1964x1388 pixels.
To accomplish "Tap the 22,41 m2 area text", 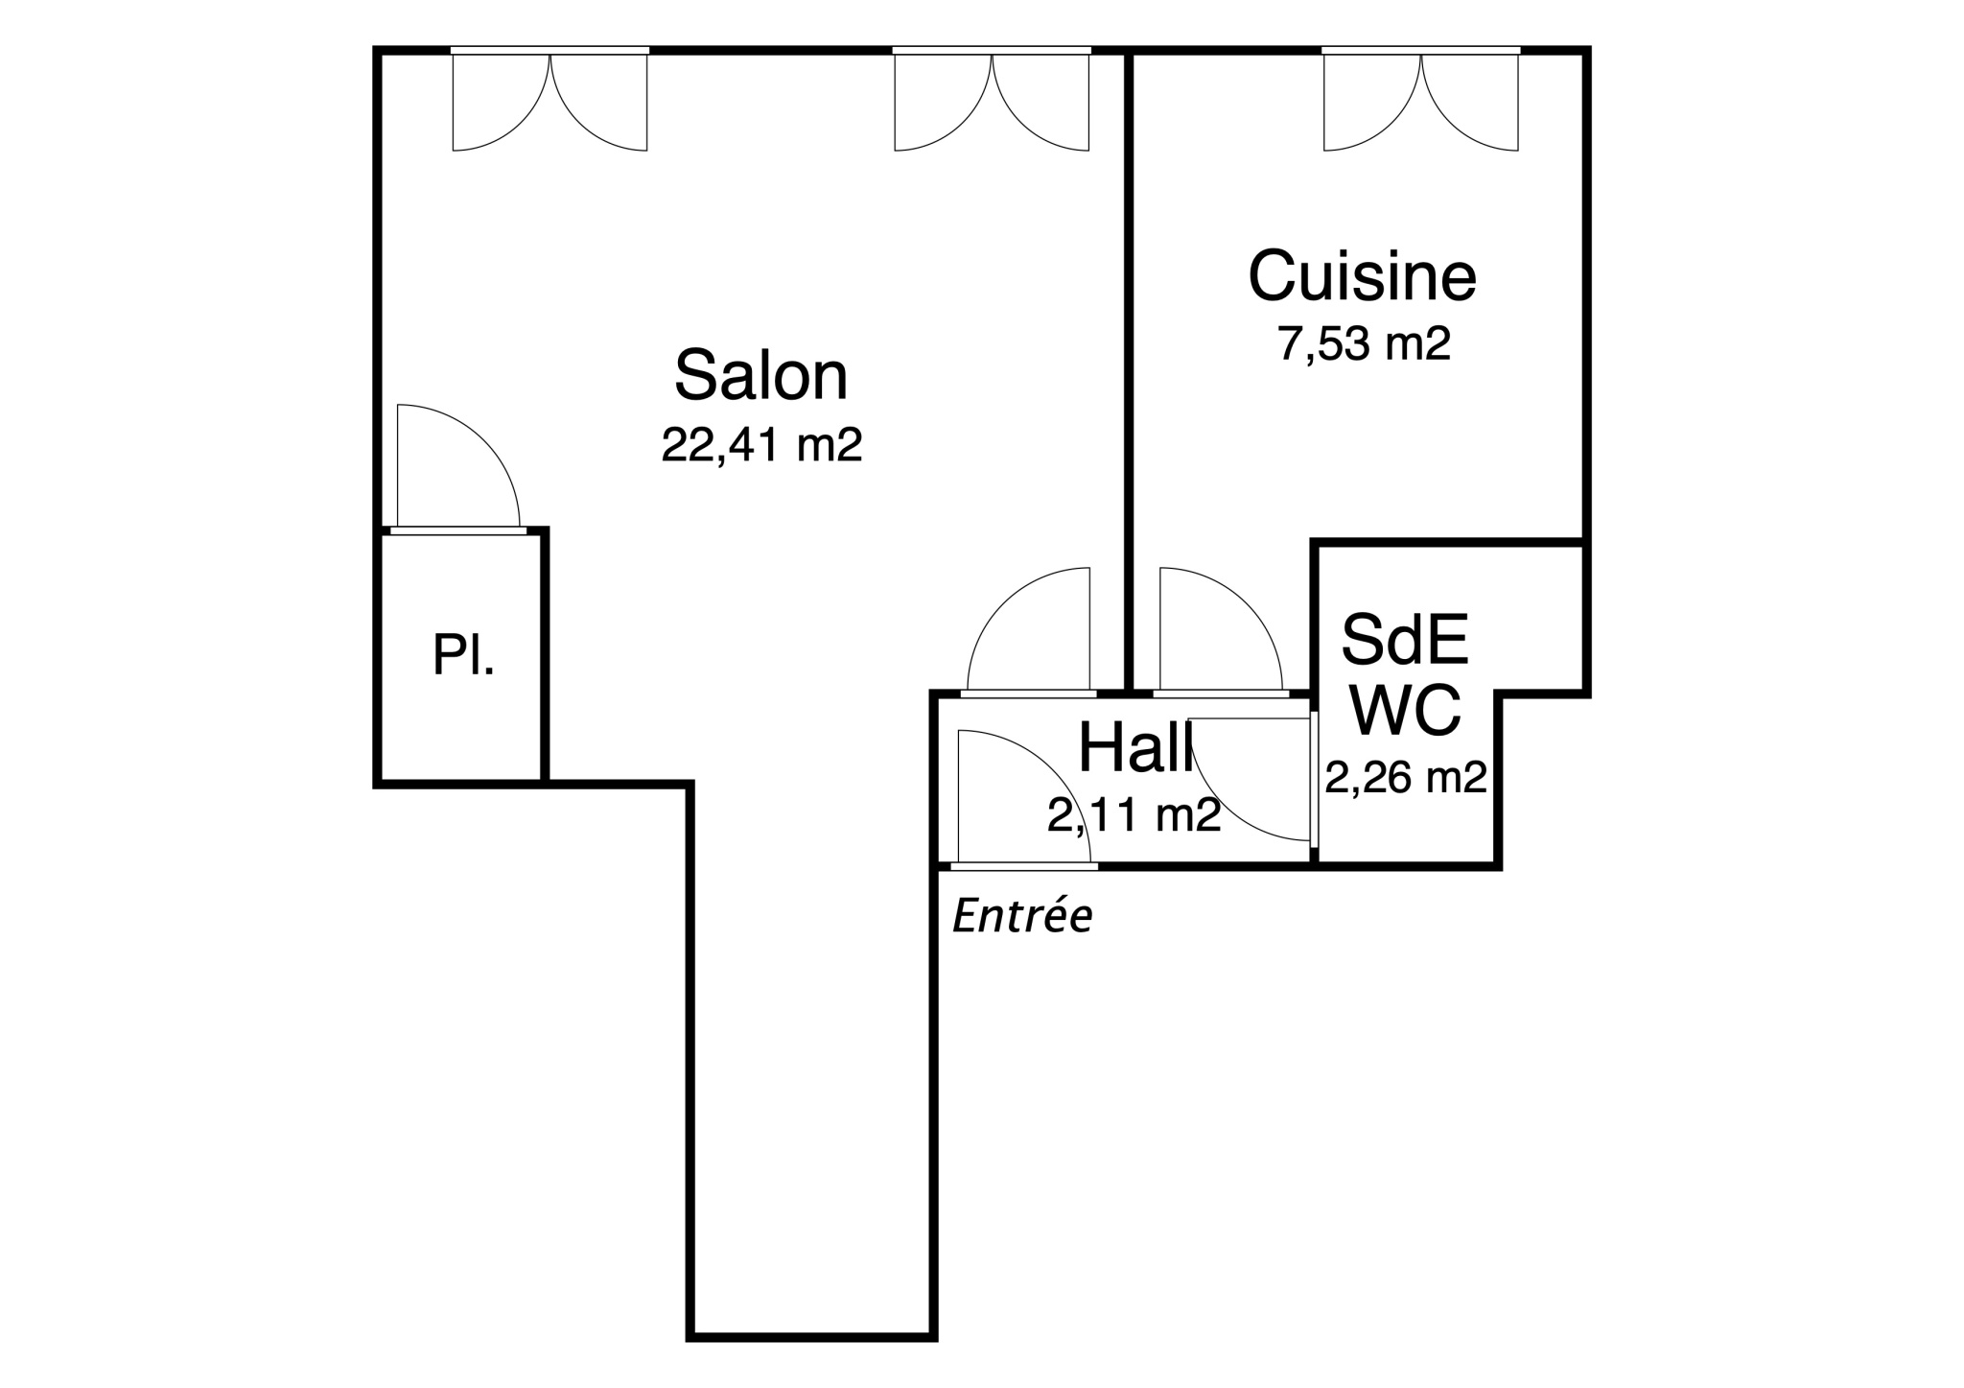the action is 761,445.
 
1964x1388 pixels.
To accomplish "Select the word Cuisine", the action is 1362,275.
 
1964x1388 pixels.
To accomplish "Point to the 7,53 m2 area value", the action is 1363,343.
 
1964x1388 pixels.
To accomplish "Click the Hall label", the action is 1136,747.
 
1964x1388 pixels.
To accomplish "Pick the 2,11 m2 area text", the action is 1134,815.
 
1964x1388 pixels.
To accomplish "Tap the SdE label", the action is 1405,639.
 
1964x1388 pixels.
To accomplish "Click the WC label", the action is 1405,709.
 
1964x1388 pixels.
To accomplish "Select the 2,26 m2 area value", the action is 1406,777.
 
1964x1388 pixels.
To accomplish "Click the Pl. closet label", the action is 463,655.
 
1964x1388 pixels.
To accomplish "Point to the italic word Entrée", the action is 1022,917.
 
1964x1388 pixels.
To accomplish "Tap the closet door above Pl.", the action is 457,469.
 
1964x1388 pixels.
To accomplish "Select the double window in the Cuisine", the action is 1421,99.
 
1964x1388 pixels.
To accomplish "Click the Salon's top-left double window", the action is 549,99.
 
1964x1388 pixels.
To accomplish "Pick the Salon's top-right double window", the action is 993,99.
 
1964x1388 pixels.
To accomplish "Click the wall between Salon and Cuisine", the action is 1129,371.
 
